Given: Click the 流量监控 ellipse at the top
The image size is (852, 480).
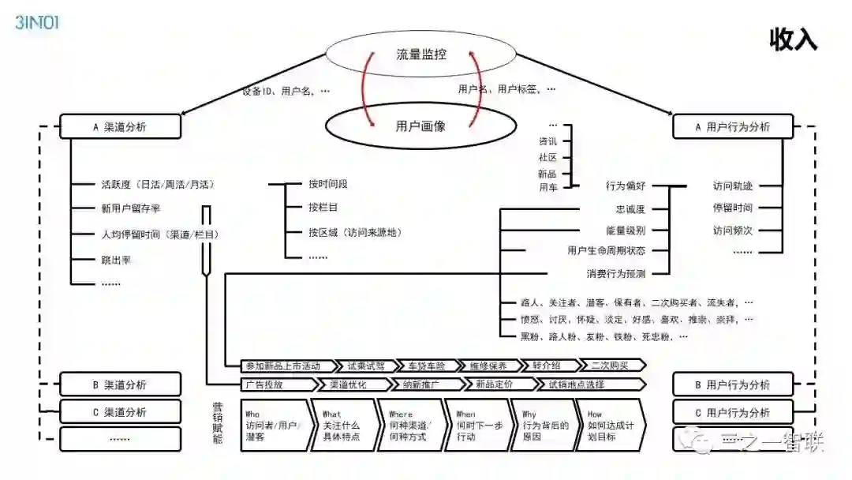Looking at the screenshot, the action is point(421,54).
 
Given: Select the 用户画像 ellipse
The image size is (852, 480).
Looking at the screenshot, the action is point(421,125).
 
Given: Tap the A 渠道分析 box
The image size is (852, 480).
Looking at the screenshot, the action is point(120,126).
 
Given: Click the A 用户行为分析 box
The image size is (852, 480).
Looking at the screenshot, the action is point(733,126).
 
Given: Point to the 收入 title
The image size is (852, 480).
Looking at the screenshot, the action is point(794,39).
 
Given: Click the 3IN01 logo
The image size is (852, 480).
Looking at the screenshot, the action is point(37,22).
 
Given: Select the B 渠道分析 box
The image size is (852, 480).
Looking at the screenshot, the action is point(120,384).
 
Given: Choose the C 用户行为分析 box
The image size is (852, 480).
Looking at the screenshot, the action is point(733,412).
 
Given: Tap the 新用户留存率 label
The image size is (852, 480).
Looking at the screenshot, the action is point(131,209).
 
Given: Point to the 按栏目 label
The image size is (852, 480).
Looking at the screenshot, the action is point(323,208).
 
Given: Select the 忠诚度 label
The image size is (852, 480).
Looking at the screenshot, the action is point(630,209).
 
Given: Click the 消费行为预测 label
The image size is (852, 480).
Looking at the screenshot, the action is point(615,274).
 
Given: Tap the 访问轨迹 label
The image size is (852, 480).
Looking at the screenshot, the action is point(733,186).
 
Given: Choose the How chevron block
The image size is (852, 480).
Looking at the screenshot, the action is point(609,425).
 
